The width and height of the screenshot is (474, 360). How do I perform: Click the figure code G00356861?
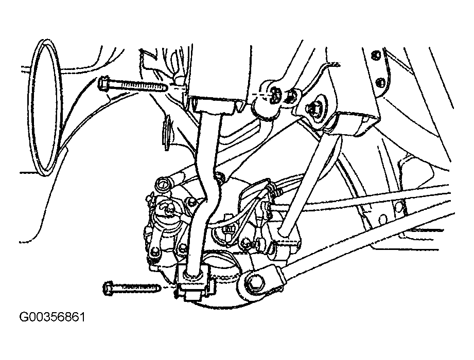(52, 317)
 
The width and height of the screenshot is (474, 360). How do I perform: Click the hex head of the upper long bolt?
(103, 83)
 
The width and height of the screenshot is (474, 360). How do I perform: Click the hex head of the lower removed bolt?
(108, 287)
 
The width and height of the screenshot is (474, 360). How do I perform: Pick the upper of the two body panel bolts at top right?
(376, 55)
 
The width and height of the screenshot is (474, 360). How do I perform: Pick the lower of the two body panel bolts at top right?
(381, 82)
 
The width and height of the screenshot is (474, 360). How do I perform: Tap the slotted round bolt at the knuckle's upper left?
(162, 183)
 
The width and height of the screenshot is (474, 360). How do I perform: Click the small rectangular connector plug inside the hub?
(227, 229)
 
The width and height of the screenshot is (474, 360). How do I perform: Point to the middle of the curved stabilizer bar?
(208, 193)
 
